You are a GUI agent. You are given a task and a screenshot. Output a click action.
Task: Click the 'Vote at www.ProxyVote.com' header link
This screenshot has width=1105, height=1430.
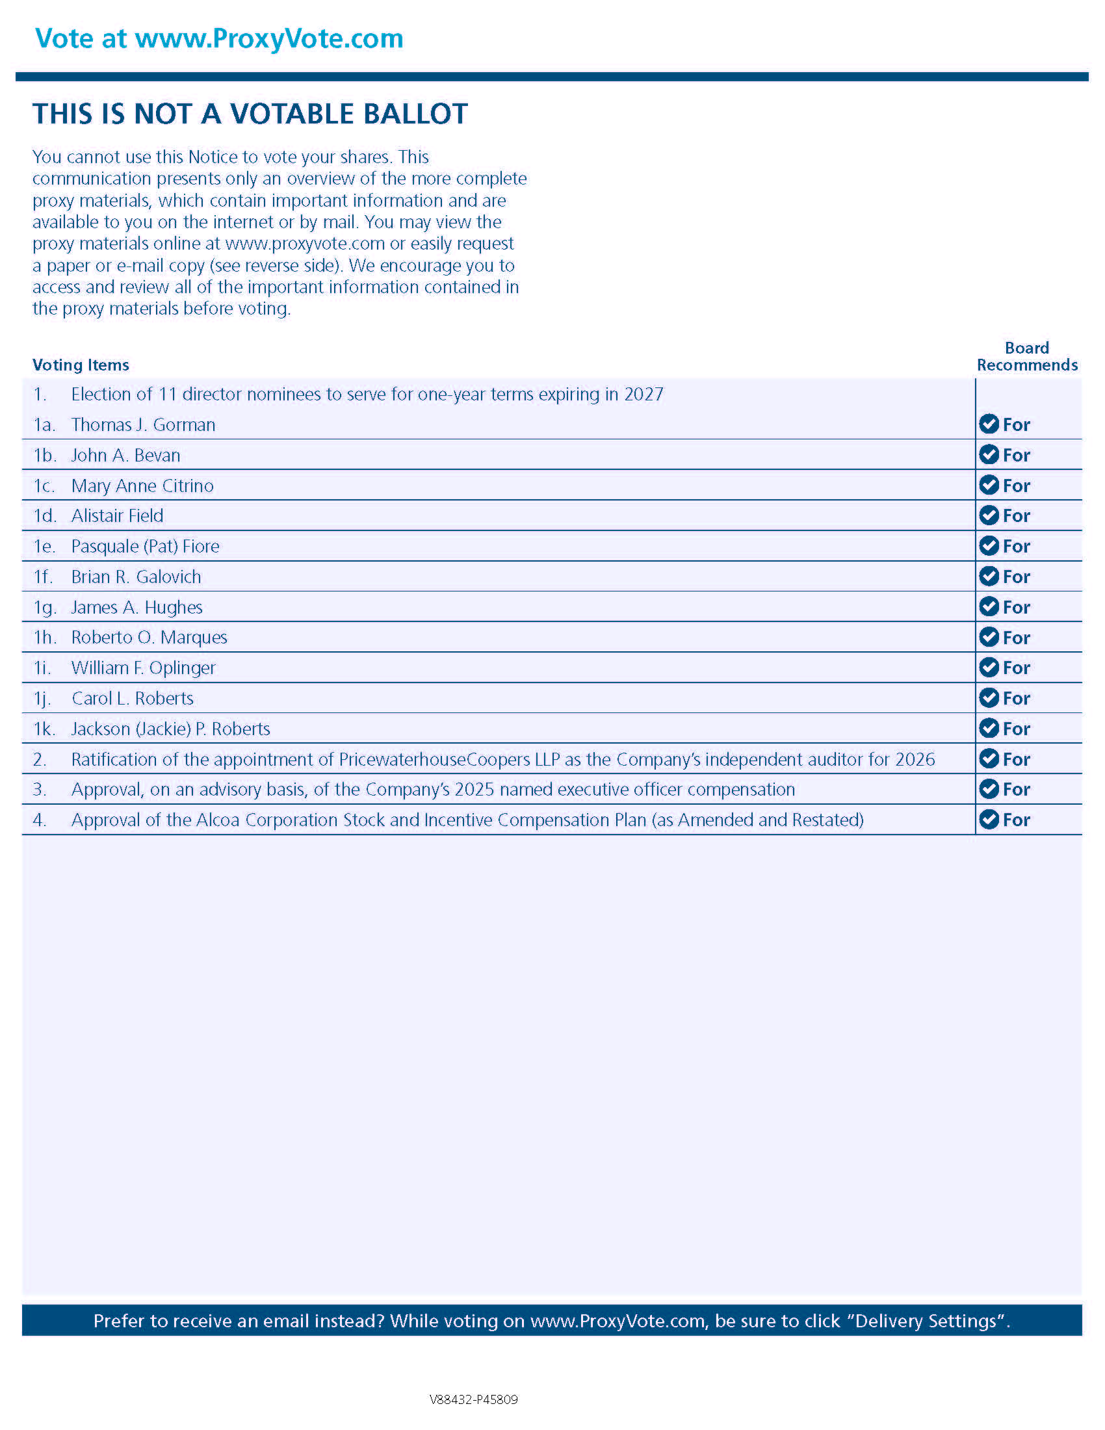(x=218, y=39)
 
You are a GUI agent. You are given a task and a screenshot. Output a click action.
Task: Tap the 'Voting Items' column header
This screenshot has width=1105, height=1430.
(x=81, y=365)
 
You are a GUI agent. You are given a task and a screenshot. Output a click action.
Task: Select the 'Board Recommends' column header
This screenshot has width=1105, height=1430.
(x=1026, y=356)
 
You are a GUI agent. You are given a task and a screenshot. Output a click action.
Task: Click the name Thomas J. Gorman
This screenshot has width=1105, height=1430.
(x=143, y=425)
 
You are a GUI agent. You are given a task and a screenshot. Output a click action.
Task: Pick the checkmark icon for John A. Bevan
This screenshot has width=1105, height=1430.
(x=989, y=454)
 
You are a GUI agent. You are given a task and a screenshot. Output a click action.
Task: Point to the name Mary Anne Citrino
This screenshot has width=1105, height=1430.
(x=142, y=486)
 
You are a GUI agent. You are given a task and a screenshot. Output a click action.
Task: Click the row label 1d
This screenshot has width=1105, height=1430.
(x=44, y=516)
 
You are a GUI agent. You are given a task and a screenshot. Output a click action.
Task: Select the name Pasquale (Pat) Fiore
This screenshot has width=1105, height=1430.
(x=145, y=546)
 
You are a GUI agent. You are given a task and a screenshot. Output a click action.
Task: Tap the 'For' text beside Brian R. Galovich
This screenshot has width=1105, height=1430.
(x=1016, y=577)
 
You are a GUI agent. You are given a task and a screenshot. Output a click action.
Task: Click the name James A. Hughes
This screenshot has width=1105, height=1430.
(x=136, y=608)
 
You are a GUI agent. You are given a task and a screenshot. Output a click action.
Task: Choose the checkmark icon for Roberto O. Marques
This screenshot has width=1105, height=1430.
(x=989, y=637)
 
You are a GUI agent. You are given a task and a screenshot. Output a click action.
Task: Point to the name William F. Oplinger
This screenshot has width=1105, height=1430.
(x=143, y=668)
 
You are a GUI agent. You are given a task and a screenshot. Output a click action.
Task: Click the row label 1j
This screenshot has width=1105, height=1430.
(x=42, y=699)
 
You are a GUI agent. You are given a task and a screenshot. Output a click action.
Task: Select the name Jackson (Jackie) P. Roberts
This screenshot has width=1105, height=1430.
(x=170, y=729)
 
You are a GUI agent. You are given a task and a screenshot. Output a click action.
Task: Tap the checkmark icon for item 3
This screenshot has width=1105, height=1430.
(x=989, y=789)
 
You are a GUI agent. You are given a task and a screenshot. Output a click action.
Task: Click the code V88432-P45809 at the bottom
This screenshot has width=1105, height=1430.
(x=473, y=1399)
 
